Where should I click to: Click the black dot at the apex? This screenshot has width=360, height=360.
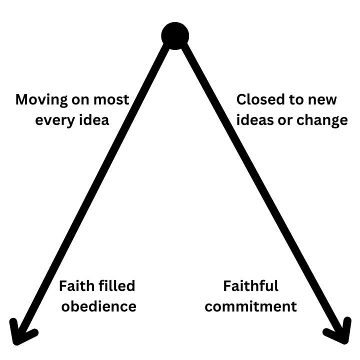tap(175, 36)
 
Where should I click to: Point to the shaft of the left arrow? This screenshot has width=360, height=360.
tap(95, 190)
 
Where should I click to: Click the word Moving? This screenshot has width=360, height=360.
tap(40, 99)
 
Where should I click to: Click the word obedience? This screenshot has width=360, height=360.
tap(99, 306)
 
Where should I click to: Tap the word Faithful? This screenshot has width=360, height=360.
tap(250, 286)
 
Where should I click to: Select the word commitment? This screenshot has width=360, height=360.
tap(250, 306)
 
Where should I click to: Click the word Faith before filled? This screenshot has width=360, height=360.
tap(76, 286)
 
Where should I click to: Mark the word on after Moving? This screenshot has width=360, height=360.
tap(77, 99)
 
